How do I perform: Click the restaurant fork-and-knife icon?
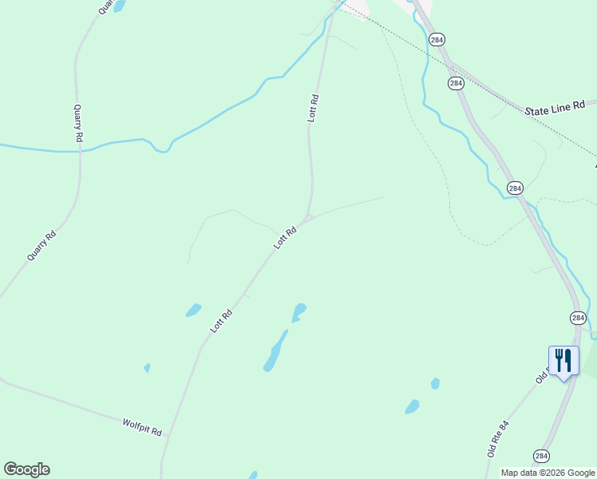point(563,361)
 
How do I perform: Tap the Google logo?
point(26,469)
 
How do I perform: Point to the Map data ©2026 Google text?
point(548,473)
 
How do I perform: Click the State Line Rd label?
point(555,108)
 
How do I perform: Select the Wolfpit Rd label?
point(142,426)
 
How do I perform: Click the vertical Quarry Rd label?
point(77,123)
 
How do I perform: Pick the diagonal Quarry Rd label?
point(42,245)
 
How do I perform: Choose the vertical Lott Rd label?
point(313,108)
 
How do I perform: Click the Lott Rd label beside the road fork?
point(285,237)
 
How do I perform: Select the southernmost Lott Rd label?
point(220,321)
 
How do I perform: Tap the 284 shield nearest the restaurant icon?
point(578,318)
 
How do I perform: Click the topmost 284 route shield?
point(436,39)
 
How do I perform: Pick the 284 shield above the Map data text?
point(542,456)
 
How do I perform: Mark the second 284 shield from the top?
point(456,83)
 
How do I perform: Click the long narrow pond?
point(275,351)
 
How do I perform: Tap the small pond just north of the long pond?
point(298,311)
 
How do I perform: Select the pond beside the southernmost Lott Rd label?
point(193,310)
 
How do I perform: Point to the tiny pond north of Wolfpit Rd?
point(147,368)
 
